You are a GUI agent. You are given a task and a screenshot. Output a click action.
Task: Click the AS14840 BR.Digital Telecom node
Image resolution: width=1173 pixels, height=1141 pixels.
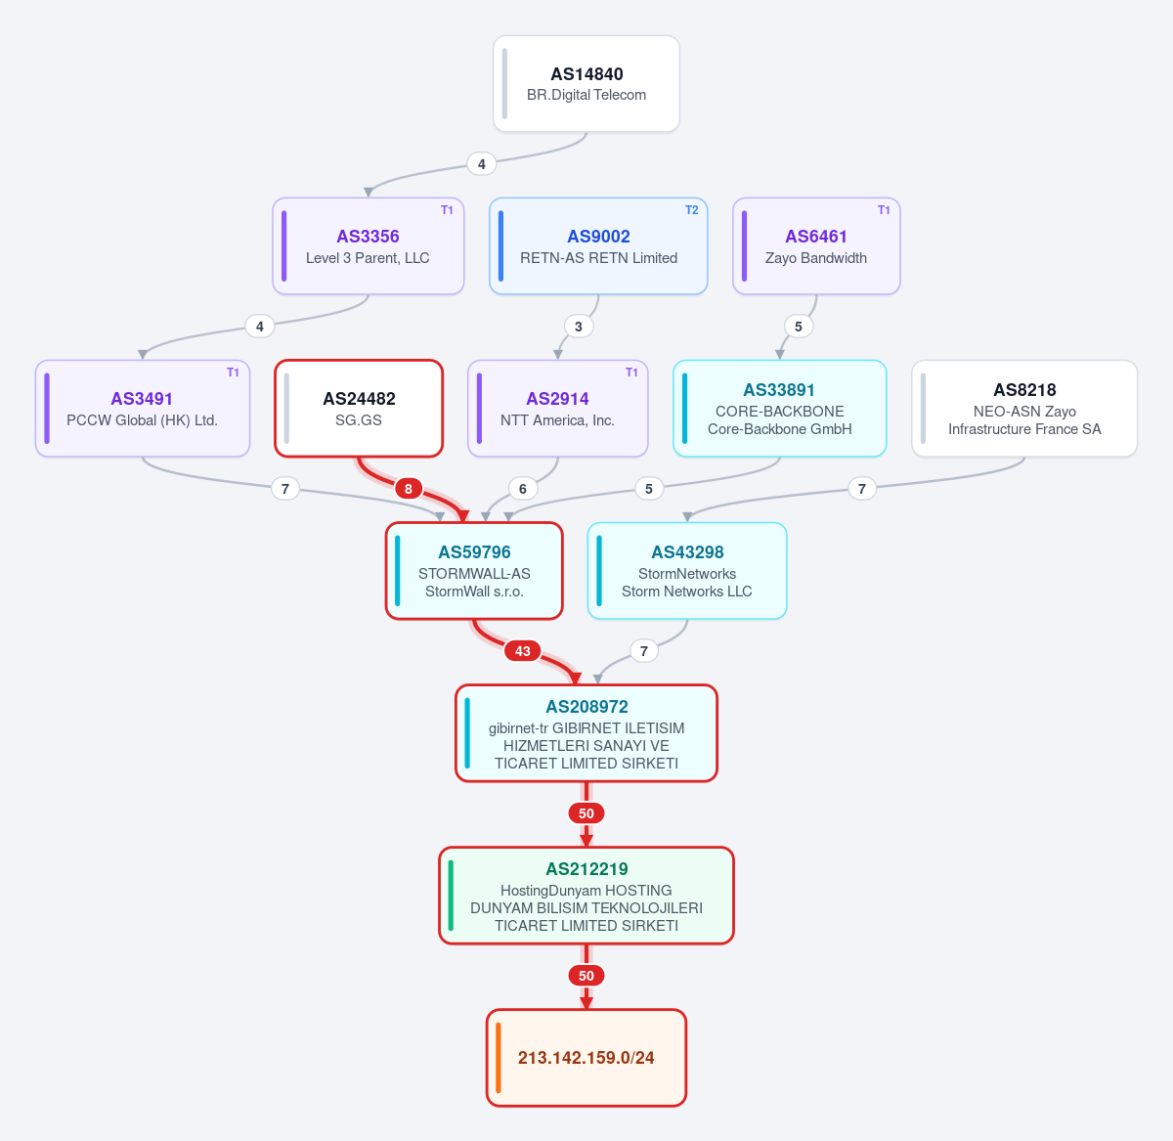[x=586, y=84]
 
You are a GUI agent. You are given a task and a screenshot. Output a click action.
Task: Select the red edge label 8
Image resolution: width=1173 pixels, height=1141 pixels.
[x=408, y=489]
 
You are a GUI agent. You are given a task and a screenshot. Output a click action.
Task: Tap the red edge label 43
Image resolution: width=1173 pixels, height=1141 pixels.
[x=522, y=651]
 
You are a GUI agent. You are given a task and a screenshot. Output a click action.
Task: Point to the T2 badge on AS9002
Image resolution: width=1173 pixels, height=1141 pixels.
[x=691, y=210]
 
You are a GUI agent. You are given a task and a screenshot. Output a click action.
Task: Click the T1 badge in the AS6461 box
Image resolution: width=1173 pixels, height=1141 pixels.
[x=884, y=210]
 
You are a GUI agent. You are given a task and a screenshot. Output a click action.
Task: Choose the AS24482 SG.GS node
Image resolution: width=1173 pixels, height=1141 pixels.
[x=359, y=409]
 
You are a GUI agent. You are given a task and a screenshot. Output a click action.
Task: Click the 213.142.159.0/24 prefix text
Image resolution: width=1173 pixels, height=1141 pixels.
[x=586, y=1058]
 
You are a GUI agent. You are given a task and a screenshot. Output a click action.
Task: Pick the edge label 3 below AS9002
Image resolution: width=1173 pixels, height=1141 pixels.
[x=578, y=327]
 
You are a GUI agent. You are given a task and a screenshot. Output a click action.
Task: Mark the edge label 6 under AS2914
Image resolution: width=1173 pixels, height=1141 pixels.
[x=523, y=489]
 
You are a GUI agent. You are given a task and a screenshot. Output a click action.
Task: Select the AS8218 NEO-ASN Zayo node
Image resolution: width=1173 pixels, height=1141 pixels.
[x=1024, y=409]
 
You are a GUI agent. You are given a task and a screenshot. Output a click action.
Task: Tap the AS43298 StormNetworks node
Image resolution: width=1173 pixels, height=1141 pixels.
[x=687, y=571]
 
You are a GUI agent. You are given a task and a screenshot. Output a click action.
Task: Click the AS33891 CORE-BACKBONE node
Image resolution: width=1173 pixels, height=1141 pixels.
[x=779, y=409]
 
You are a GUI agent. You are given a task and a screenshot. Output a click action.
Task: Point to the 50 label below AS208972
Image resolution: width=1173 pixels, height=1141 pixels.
[x=586, y=812]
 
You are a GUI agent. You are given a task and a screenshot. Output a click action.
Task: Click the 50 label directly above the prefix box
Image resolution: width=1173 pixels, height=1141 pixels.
[x=586, y=975]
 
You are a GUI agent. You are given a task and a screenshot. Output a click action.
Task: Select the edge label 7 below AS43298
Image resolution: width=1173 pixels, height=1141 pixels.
[x=644, y=651]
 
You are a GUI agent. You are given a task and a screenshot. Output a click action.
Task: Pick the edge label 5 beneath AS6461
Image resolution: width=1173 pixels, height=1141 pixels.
[x=798, y=327]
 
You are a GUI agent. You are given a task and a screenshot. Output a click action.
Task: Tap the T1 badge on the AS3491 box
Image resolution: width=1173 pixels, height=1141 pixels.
[x=233, y=373]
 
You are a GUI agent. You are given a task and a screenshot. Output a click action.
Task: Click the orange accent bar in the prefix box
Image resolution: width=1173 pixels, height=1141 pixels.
[x=498, y=1058]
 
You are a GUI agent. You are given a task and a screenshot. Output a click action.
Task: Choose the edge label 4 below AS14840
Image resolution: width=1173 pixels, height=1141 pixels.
[x=481, y=164]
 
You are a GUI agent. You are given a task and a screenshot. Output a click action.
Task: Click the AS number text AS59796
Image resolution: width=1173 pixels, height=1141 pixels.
[x=474, y=551]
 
